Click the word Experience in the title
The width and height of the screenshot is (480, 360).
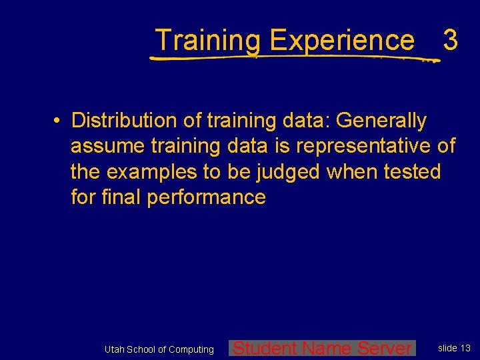click(x=341, y=41)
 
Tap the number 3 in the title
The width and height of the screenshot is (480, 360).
click(x=450, y=41)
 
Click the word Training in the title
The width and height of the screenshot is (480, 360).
click(x=208, y=41)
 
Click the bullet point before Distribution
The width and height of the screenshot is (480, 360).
click(x=59, y=121)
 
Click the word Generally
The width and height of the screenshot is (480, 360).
click(x=381, y=121)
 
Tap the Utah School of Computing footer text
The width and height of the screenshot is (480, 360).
click(x=159, y=349)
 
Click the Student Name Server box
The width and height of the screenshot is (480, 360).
click(x=322, y=348)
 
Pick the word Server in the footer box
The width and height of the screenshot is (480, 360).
click(x=385, y=348)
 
